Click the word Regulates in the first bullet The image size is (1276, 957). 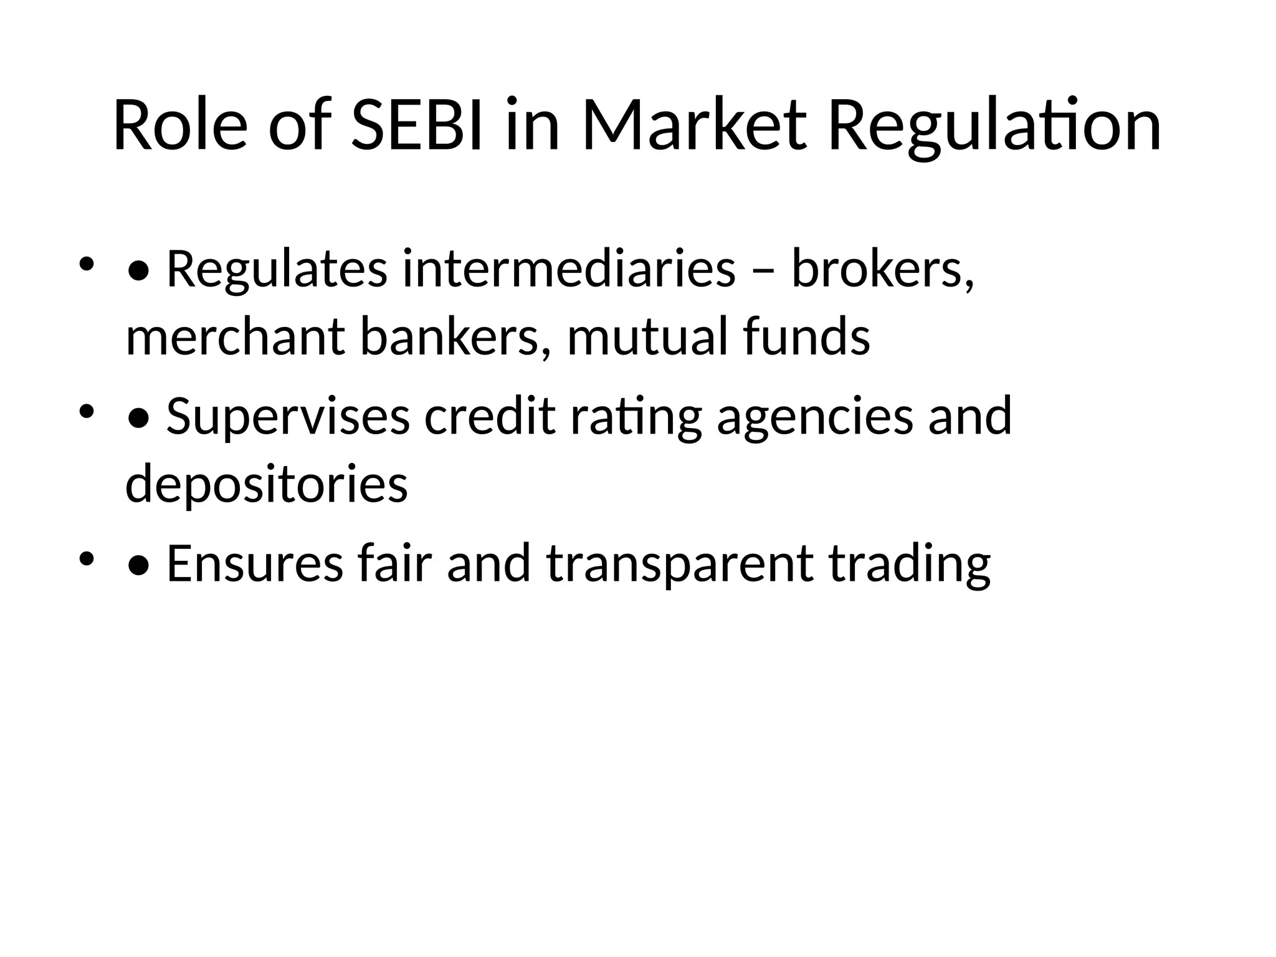(x=277, y=270)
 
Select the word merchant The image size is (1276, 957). (x=236, y=337)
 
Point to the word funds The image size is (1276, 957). (x=806, y=337)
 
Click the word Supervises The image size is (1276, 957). (x=288, y=416)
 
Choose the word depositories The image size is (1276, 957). (x=267, y=485)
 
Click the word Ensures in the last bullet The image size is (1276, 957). (x=255, y=563)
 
